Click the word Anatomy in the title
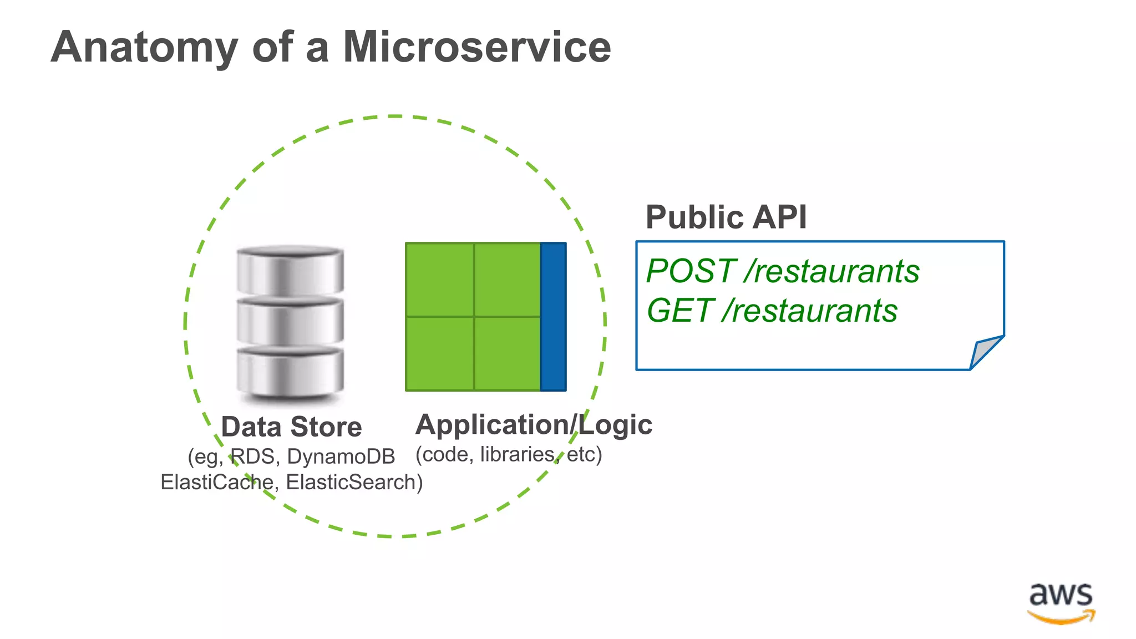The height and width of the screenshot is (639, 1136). pos(144,48)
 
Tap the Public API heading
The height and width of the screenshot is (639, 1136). pos(726,217)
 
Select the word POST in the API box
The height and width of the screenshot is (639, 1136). pos(691,271)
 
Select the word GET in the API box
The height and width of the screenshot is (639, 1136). pos(680,311)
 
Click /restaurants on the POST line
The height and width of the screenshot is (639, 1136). pos(832,271)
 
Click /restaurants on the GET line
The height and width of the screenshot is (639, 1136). pos(810,311)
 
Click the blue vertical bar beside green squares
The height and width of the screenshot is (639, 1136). pos(553,317)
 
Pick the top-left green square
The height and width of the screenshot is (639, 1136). pos(439,280)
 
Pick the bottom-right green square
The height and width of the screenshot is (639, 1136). pos(507,353)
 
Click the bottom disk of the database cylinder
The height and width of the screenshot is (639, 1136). pos(290,372)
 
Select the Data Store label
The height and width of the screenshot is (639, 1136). pos(291,427)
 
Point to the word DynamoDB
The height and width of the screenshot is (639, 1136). pos(341,457)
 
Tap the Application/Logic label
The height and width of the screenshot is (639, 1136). pos(533,425)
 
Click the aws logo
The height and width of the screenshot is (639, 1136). pos(1061,603)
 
